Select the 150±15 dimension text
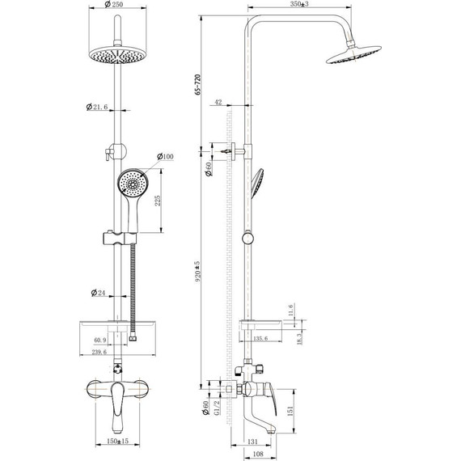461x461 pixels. click(121, 442)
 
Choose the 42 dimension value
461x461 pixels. click(219, 102)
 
